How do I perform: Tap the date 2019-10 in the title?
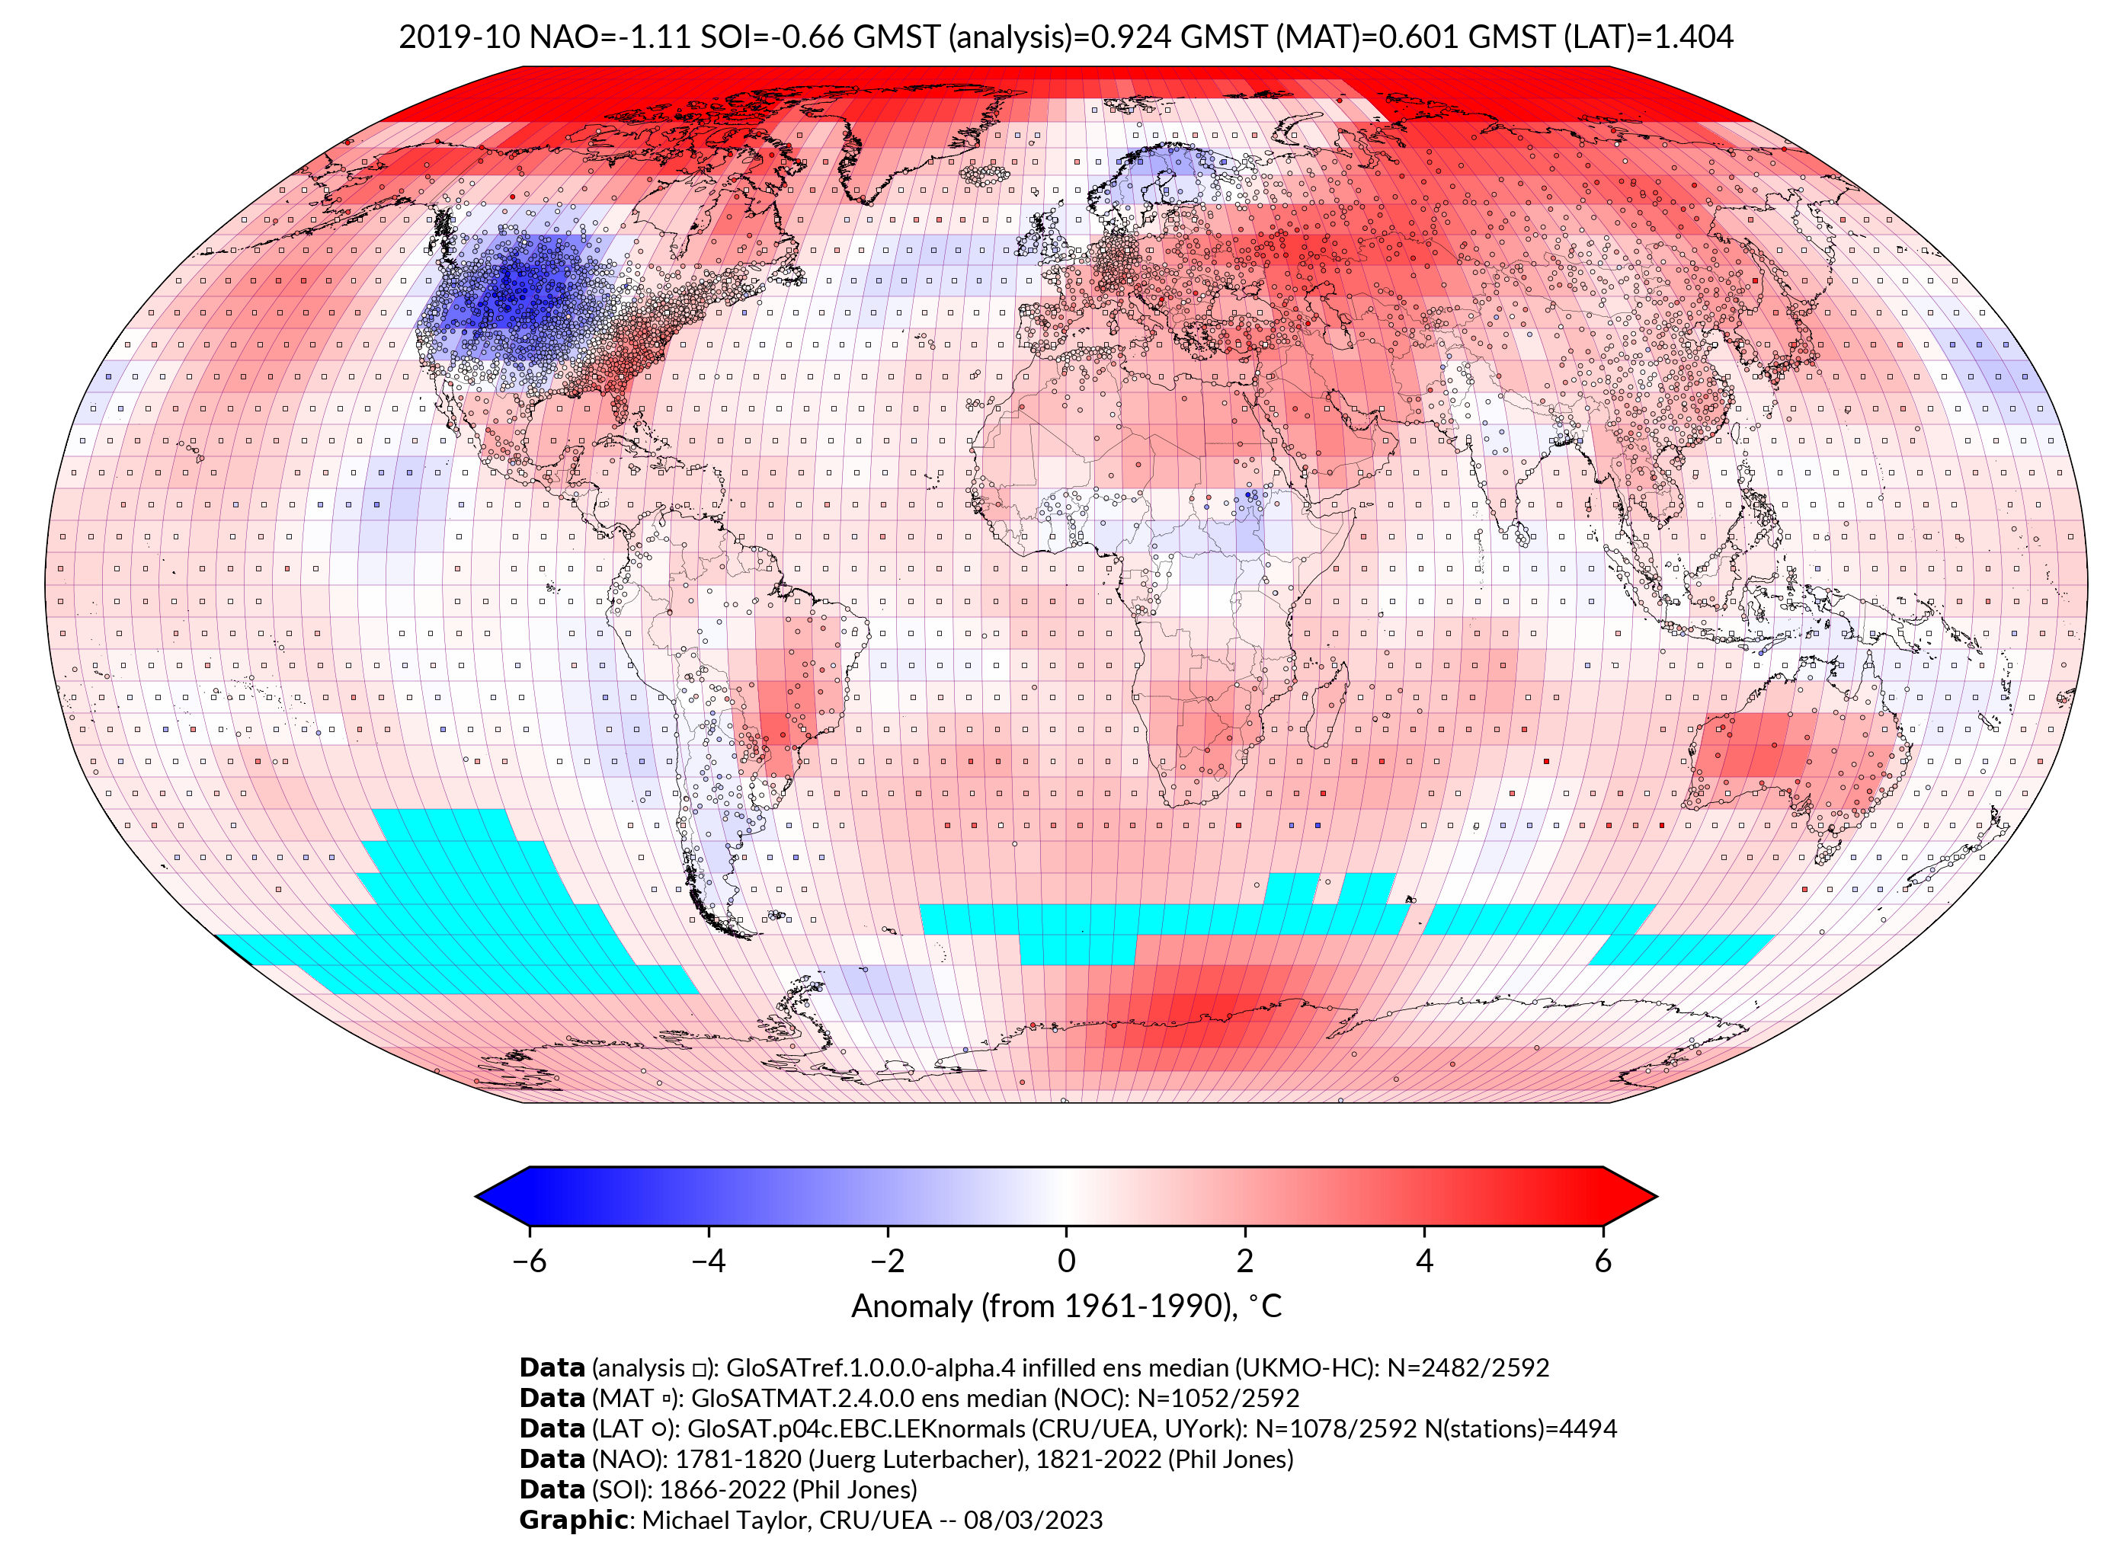coord(459,37)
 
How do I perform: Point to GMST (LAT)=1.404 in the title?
coord(1600,37)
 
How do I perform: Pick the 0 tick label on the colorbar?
coord(1065,1261)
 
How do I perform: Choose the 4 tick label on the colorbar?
coord(1423,1261)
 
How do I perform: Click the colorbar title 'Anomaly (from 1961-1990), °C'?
coord(1065,1306)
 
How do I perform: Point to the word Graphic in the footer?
coord(572,1520)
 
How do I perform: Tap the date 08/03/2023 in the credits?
coord(1033,1520)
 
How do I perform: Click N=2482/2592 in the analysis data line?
coord(1468,1368)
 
